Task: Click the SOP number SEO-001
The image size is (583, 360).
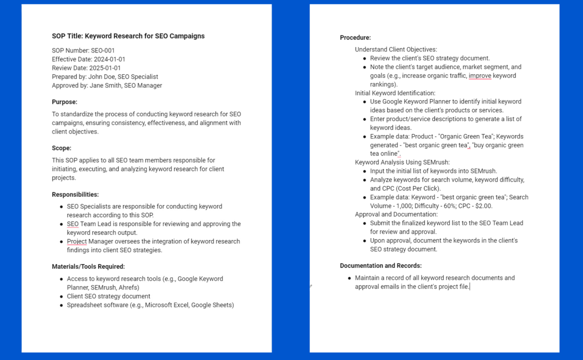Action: tap(103, 51)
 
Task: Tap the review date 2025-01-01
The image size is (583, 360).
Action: tap(105, 68)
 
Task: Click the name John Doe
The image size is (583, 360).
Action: tap(102, 77)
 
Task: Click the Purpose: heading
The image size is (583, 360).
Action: tap(65, 102)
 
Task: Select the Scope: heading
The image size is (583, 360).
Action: tap(62, 148)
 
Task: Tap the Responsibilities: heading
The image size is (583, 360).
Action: tap(75, 194)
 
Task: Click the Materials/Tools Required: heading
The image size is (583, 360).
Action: tap(88, 266)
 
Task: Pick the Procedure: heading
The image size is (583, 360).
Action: tap(355, 37)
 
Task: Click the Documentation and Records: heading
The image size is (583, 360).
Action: tap(381, 266)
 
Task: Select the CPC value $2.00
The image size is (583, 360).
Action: tap(483, 206)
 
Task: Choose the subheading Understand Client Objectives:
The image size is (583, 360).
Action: tap(396, 50)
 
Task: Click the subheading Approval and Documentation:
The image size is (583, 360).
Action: tap(396, 214)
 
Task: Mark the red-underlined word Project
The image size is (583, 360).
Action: tap(77, 241)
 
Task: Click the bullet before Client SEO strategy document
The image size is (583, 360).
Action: tap(61, 296)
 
